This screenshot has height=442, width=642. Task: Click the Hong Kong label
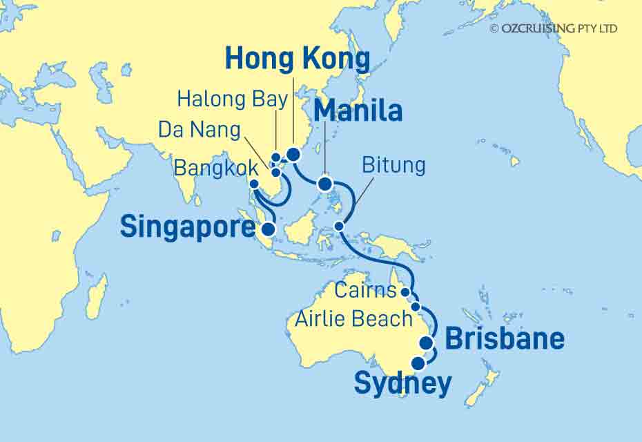coord(298,60)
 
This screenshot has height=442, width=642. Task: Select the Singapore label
coord(187,225)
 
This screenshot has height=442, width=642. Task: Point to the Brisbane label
coord(504,339)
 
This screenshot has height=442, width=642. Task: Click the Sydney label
coord(403,383)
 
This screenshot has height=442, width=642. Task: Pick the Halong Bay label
coord(232,99)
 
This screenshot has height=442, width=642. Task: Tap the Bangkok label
coord(217,167)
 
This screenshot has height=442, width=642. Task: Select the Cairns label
coord(365,291)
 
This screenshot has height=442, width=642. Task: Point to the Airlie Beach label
coord(354,318)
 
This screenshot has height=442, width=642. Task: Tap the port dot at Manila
coord(324,184)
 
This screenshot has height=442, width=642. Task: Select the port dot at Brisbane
coord(427,343)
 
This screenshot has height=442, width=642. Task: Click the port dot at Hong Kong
coord(293,154)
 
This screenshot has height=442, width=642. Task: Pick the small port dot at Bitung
coord(339,227)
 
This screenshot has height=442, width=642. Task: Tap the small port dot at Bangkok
coord(253,184)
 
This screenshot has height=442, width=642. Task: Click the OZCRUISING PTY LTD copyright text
coord(554,28)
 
